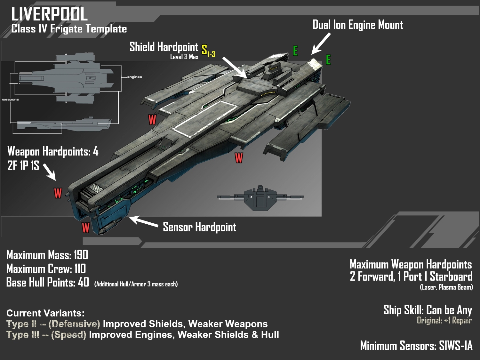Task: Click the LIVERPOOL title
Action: pyautogui.click(x=49, y=14)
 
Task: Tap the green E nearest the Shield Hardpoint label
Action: pyautogui.click(x=295, y=51)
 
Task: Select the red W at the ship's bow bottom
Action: pyautogui.click(x=85, y=228)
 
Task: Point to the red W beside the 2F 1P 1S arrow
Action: pyautogui.click(x=58, y=193)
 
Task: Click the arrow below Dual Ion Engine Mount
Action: pyautogui.click(x=321, y=44)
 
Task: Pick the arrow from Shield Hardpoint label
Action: pyautogui.click(x=235, y=67)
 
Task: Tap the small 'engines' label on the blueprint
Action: pyautogui.click(x=134, y=77)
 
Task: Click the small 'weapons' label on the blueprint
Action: pyautogui.click(x=11, y=100)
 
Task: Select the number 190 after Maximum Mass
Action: pyautogui.click(x=81, y=255)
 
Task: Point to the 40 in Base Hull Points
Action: pyautogui.click(x=84, y=282)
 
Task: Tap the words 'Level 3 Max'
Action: pyautogui.click(x=184, y=57)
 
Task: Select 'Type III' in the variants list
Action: pyautogui.click(x=23, y=335)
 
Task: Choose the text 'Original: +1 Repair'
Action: pyautogui.click(x=444, y=320)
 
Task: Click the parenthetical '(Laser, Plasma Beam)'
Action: pyautogui.click(x=446, y=287)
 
